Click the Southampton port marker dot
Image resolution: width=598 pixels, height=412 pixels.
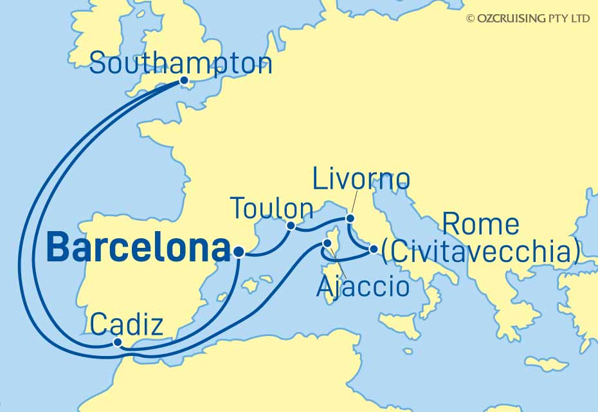[x=184, y=81]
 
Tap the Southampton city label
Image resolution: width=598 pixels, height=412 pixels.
[x=181, y=64]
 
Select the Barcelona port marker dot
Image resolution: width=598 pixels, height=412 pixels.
[x=239, y=253]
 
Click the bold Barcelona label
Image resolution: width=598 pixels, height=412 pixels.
[x=138, y=248]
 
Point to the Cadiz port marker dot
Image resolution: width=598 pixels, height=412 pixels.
[x=116, y=343]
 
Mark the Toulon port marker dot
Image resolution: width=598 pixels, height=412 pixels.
[x=291, y=225]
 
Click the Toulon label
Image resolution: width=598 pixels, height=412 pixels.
[x=271, y=209]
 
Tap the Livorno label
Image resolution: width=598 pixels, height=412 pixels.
[x=361, y=180]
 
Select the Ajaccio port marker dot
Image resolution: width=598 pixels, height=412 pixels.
[x=327, y=244]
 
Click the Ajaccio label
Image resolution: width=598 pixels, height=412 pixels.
[x=363, y=286]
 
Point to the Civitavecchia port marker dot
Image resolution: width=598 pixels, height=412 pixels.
[x=373, y=249]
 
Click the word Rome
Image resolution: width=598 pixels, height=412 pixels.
[x=481, y=225]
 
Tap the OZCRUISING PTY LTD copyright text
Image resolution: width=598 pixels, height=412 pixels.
[x=527, y=19]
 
